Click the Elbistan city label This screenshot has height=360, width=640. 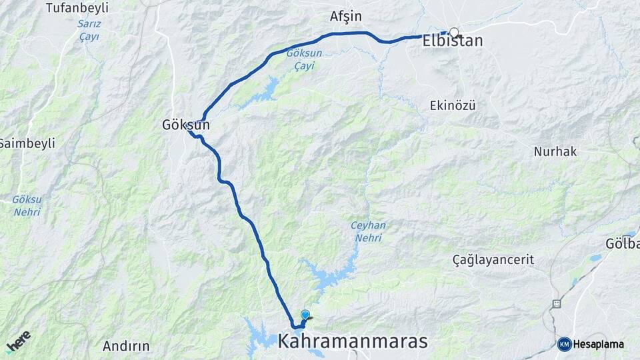[453, 41]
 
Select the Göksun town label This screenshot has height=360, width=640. [186, 125]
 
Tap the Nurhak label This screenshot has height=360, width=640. [555, 151]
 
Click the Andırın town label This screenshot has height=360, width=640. [126, 346]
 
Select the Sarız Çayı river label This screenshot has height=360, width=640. [88, 30]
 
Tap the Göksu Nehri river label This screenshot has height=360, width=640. [27, 205]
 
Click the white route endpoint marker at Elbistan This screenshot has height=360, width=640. [454, 32]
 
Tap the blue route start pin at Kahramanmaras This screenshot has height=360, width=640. [305, 315]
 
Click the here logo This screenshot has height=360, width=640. [19, 341]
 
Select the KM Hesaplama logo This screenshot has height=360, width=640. [591, 344]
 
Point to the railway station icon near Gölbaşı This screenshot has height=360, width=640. [556, 303]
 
